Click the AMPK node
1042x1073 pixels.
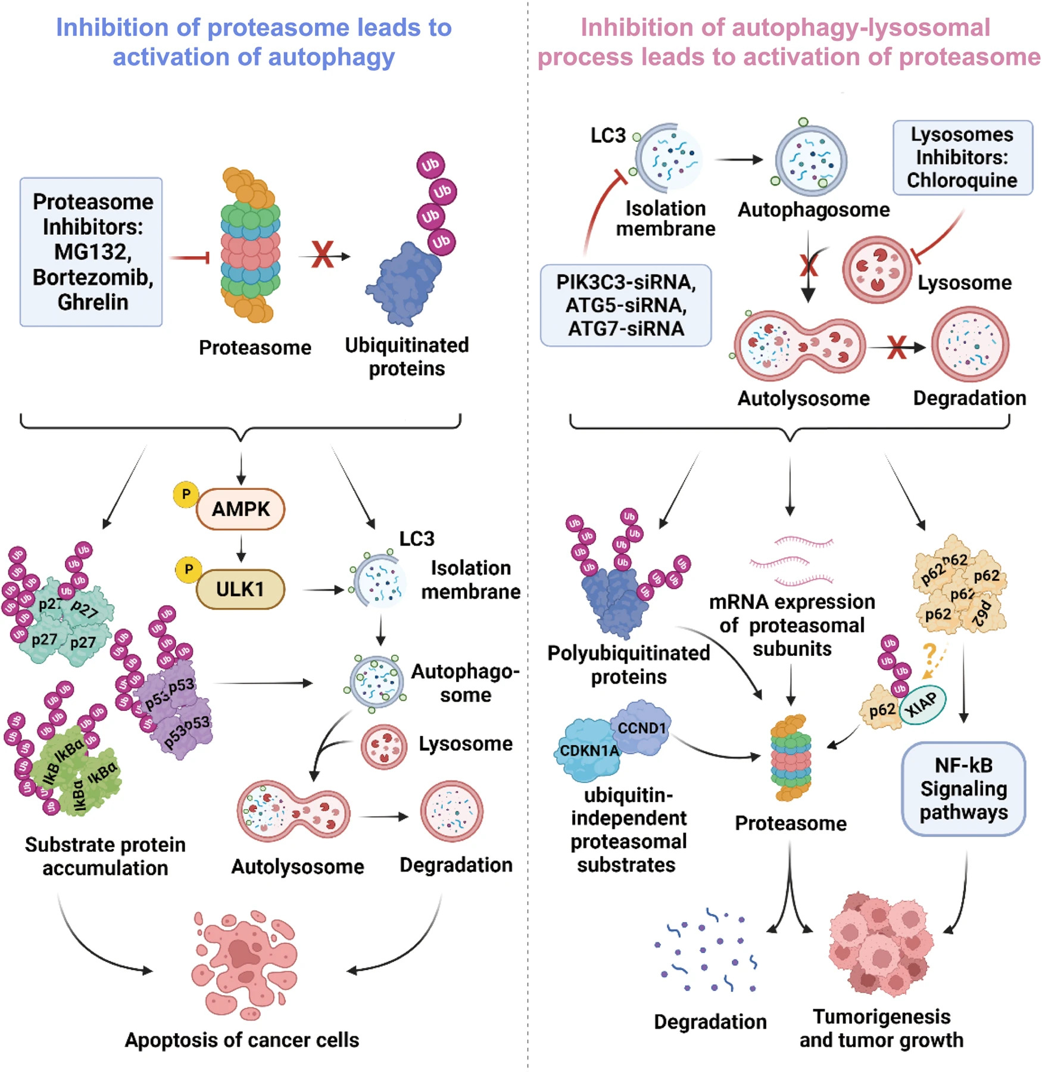point(241,509)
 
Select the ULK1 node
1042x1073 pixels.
point(240,589)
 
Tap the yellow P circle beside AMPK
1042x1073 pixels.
point(186,494)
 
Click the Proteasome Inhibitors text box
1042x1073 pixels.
point(91,251)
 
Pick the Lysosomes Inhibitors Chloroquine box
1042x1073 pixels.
point(962,157)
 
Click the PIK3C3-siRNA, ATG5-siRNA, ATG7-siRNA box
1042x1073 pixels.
point(625,305)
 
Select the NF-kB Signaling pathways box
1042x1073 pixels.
point(963,788)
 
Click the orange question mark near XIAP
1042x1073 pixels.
point(929,652)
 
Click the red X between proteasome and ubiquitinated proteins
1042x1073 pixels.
point(323,255)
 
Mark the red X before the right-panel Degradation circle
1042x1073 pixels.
point(897,347)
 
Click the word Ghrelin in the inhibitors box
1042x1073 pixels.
point(93,302)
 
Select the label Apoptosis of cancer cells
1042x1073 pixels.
point(242,1040)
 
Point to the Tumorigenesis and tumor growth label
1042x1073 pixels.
point(881,1028)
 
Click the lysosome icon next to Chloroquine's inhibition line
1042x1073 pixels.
point(876,269)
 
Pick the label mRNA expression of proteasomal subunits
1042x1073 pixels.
point(791,625)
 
